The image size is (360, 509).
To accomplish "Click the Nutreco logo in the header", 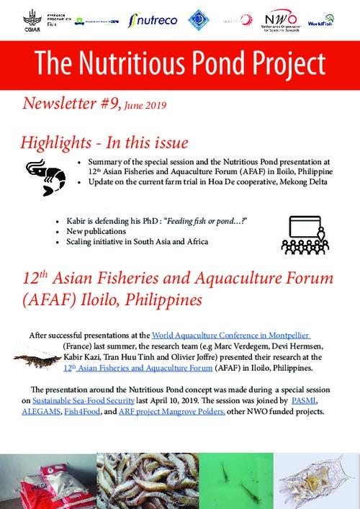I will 153,19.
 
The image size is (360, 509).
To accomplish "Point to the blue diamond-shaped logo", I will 198,19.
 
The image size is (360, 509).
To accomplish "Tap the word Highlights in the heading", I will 58,141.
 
